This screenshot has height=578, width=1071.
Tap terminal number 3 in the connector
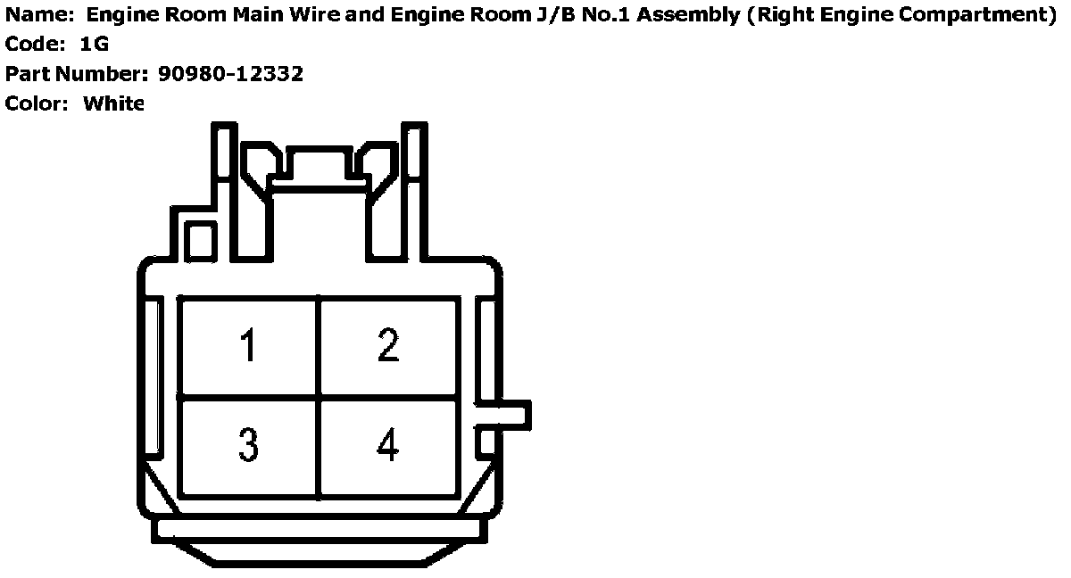pyautogui.click(x=248, y=444)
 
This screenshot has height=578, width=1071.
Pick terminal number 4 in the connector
pyautogui.click(x=387, y=444)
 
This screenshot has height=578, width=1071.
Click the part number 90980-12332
pyautogui.click(x=230, y=74)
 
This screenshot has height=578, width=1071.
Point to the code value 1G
pyautogui.click(x=94, y=45)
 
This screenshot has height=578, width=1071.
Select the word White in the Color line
pyautogui.click(x=113, y=103)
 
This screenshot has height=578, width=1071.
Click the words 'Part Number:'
pyautogui.click(x=78, y=74)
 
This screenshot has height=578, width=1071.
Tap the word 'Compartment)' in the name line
pyautogui.click(x=989, y=15)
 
